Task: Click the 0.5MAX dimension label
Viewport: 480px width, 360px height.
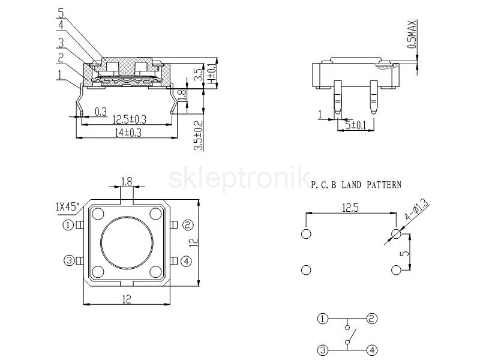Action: click(412, 34)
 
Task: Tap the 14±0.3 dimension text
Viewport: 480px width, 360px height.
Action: click(128, 133)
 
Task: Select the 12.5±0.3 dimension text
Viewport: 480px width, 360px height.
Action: click(129, 119)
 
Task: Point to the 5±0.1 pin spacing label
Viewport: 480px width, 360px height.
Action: click(356, 125)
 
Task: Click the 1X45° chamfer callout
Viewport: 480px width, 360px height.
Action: click(68, 206)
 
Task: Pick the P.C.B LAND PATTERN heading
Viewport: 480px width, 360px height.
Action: click(356, 185)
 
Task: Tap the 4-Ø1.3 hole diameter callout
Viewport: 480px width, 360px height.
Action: click(417, 209)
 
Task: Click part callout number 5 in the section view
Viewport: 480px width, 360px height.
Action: click(61, 13)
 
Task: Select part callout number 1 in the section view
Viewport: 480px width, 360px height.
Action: click(59, 75)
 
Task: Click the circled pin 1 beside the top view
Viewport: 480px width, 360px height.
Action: click(68, 226)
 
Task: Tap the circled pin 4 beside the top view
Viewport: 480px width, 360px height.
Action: click(187, 261)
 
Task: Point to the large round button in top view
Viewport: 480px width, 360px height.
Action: click(127, 243)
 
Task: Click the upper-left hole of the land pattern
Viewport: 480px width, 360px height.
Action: click(306, 234)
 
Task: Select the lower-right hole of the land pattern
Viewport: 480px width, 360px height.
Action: click(396, 270)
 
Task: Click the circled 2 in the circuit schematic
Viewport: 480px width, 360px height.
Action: click(372, 319)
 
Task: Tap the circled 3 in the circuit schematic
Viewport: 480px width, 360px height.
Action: click(322, 350)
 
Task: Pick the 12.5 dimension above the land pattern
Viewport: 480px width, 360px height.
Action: click(350, 208)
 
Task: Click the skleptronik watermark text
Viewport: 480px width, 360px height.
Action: click(239, 178)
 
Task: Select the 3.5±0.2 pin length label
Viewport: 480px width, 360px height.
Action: click(199, 136)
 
